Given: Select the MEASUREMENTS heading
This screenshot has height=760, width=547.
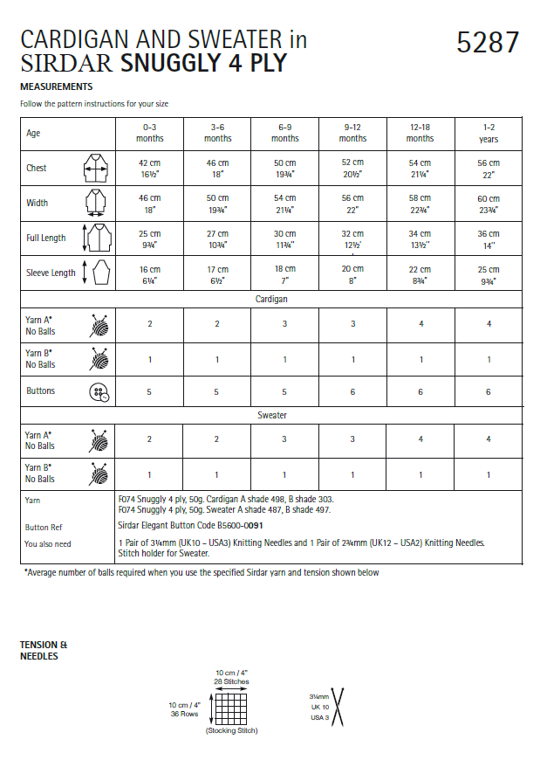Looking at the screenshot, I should pos(56,87).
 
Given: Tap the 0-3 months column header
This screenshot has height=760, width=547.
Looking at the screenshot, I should pos(149,133).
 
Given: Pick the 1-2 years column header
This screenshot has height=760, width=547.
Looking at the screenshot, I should pos(489,133).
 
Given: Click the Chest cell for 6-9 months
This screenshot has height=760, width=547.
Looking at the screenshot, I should pos(285,169).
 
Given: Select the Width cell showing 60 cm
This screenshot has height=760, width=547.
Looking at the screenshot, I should pos(489,204).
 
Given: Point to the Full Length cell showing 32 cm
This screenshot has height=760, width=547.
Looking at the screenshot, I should pos(352,238).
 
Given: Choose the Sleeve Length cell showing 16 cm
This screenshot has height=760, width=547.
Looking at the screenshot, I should pos(149,273).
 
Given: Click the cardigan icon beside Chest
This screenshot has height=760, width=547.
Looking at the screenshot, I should pos(94,168).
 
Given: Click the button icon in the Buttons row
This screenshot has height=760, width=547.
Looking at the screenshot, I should pos(99,392).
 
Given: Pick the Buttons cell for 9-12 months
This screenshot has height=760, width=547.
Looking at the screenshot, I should pos(352,392).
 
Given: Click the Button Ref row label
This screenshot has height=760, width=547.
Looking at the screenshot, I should pos(43,528).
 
